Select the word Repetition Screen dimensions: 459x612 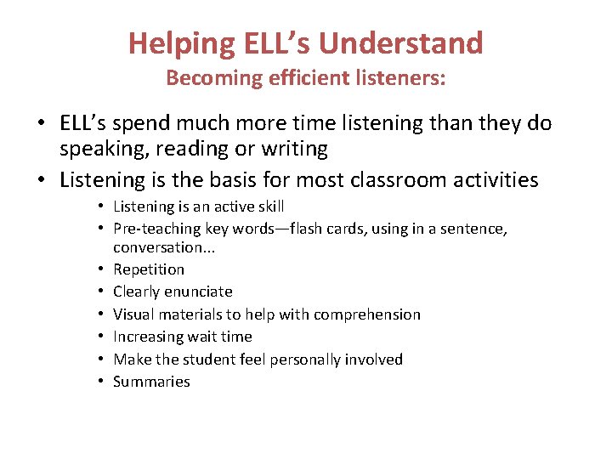click(149, 269)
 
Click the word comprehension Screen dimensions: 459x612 click(367, 314)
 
